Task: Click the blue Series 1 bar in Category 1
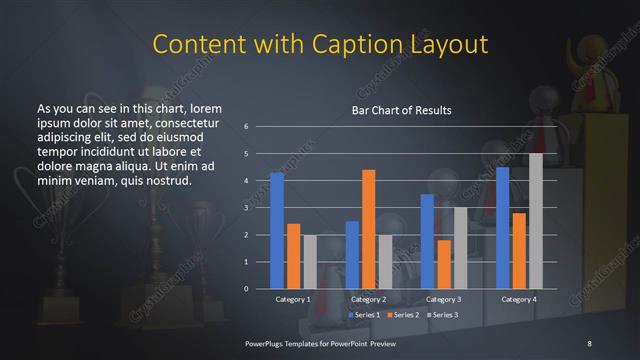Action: (x=277, y=231)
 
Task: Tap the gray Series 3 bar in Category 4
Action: (x=536, y=221)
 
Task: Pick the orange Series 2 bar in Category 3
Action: (x=444, y=264)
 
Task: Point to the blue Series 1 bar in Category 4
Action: (x=503, y=228)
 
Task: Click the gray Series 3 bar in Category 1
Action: (x=310, y=262)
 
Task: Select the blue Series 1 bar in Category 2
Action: (x=352, y=255)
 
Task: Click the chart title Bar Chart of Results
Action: (x=401, y=110)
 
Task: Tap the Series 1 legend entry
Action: (x=364, y=315)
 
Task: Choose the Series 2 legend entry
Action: (x=402, y=315)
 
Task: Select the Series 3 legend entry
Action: (x=440, y=315)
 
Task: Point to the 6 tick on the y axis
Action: (x=246, y=127)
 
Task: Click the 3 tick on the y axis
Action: (x=246, y=208)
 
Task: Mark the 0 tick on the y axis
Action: (x=246, y=289)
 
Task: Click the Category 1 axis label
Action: (x=294, y=299)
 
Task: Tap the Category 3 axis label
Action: (x=444, y=299)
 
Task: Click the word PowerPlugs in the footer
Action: (x=267, y=343)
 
